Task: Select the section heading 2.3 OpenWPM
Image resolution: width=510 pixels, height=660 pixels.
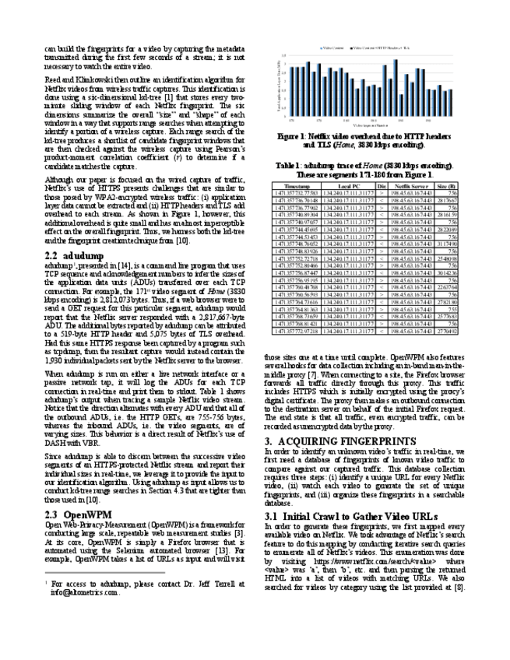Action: pyautogui.click(x=75, y=493)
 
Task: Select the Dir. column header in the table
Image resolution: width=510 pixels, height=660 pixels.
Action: pyautogui.click(x=382, y=188)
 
